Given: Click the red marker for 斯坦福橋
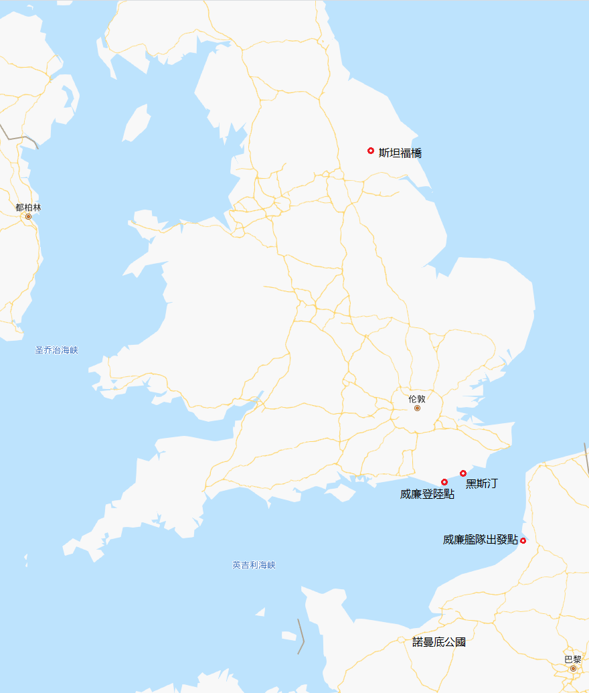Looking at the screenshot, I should tap(371, 151).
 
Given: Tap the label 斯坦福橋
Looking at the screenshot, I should tap(400, 153).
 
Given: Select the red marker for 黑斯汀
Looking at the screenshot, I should tap(463, 473).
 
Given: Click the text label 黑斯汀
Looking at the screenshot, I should tap(482, 483).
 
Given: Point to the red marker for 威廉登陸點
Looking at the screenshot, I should tap(444, 482).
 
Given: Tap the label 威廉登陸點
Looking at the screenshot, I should tap(427, 494).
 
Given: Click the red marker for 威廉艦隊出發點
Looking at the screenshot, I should tap(523, 540).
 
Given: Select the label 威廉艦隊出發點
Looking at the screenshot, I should tap(480, 540).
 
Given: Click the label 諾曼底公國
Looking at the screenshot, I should tap(438, 642).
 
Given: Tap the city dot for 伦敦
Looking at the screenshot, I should tap(417, 408).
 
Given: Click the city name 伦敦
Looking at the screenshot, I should tap(417, 398).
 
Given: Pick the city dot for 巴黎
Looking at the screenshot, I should tap(573, 668).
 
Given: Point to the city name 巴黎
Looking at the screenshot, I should tap(573, 659).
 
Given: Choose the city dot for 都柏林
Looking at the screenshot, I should tap(28, 216).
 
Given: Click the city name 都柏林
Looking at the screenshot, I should tap(28, 208).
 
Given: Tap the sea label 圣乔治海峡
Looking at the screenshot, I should tap(57, 350).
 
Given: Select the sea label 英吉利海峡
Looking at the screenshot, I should tap(254, 565).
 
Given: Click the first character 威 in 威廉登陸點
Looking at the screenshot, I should tap(406, 494).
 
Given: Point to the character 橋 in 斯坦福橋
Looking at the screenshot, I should tap(416, 153).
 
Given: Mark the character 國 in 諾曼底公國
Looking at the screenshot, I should tap(460, 642).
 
